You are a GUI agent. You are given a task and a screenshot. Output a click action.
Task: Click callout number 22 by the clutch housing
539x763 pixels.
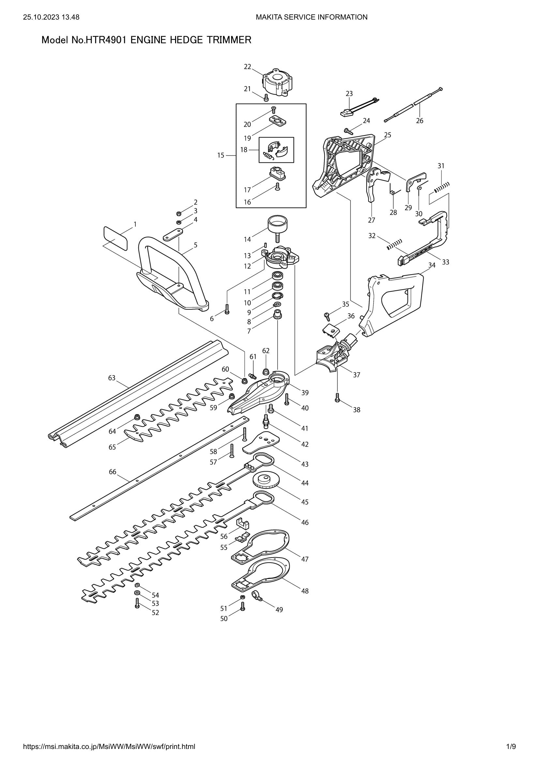(247, 67)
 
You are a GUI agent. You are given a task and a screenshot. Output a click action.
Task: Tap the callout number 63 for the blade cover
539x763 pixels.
(112, 378)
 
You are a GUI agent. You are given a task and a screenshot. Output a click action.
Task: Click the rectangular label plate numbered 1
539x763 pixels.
(115, 238)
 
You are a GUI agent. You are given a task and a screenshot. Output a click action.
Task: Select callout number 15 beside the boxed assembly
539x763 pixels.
(221, 155)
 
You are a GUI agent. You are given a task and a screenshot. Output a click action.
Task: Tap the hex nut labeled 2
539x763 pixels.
(177, 213)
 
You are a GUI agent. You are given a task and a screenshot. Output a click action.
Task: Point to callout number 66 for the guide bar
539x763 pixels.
(112, 472)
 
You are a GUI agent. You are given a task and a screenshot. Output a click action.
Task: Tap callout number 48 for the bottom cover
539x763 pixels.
(305, 591)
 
